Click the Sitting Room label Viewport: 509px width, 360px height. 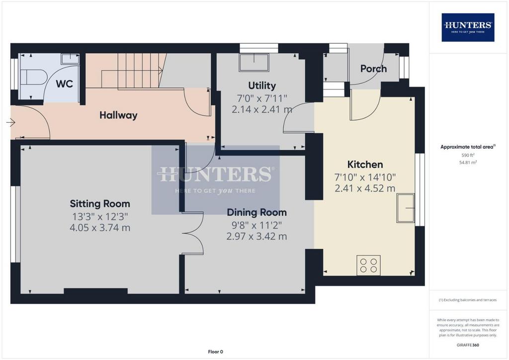100,204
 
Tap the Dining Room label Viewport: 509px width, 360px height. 256,213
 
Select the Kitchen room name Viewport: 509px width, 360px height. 365,165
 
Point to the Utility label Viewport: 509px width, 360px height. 262,86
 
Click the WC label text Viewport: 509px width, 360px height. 64,84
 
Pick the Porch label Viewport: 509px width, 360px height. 373,69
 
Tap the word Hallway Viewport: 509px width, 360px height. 118,115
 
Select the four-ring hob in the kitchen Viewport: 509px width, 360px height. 368,265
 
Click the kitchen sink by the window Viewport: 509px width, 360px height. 406,208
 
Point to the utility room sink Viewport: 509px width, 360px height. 254,62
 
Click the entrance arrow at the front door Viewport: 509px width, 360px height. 11,122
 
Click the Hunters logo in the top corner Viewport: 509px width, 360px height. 468,27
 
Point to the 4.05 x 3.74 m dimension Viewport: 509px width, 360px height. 100,228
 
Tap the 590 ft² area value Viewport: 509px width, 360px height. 468,155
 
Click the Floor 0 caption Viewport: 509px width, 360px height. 216,352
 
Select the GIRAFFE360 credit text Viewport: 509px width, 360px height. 468,345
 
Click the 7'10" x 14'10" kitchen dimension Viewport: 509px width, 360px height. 365,177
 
